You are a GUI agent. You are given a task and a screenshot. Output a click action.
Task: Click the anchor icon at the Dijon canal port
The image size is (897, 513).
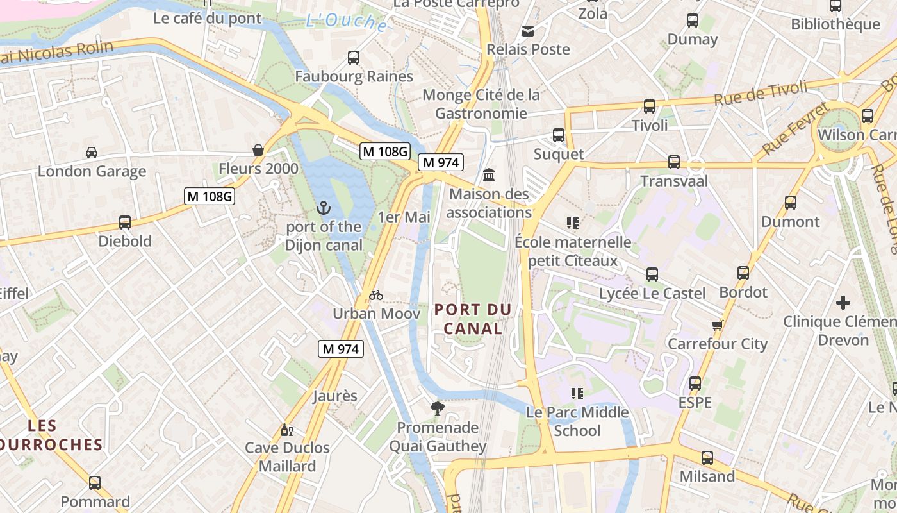click(323, 208)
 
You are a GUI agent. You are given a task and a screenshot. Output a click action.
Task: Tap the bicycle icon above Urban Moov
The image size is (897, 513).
click(376, 295)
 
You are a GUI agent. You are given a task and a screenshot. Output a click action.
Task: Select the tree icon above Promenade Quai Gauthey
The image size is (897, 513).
click(438, 408)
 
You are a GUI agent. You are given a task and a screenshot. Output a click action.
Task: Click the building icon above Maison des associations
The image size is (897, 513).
click(489, 174)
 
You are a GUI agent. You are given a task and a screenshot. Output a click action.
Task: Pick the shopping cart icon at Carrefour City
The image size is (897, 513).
click(717, 325)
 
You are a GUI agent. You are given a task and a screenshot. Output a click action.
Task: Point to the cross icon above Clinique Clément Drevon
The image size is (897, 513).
click(843, 302)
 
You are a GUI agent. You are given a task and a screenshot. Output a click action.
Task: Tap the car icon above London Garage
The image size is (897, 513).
click(92, 153)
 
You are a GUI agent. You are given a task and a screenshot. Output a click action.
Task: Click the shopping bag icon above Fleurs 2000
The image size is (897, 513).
click(258, 150)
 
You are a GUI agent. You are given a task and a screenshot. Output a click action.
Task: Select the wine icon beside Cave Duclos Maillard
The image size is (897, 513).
click(286, 429)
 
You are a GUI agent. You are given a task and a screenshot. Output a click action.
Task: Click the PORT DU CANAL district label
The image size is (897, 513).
click(473, 319)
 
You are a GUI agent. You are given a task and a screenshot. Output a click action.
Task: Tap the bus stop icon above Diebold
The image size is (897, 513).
click(125, 223)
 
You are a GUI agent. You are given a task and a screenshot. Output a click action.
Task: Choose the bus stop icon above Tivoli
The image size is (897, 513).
click(650, 106)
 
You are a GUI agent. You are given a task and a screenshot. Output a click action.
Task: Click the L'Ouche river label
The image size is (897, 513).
click(347, 22)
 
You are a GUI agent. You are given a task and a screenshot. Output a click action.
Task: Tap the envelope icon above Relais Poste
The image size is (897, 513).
click(528, 31)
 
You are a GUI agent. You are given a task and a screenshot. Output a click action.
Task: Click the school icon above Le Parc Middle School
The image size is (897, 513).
click(577, 393)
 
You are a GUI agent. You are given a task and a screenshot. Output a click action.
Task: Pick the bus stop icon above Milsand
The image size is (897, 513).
click(707, 458)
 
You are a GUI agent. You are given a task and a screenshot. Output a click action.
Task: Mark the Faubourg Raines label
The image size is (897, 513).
click(354, 76)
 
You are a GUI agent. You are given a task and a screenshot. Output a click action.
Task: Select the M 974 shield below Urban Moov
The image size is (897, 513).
click(341, 349)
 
